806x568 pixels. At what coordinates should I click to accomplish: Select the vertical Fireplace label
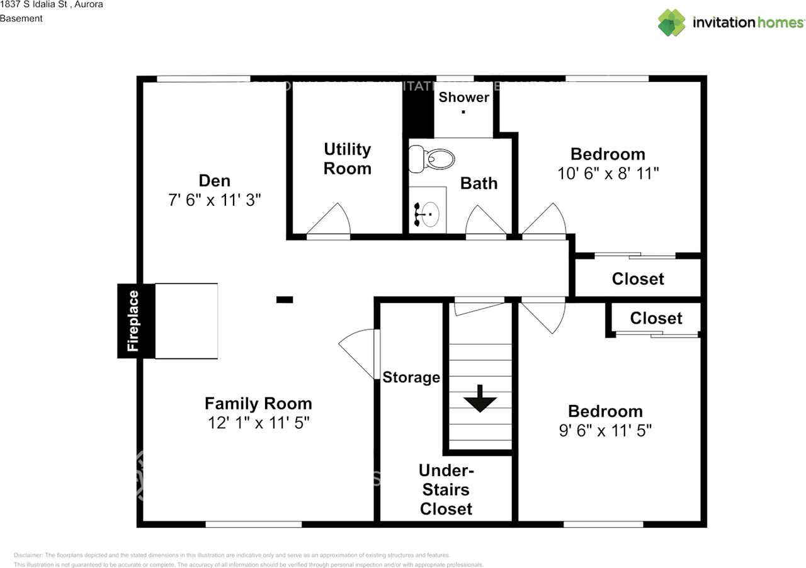coord(133,321)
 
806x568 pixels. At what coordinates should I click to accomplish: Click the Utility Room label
coord(347,159)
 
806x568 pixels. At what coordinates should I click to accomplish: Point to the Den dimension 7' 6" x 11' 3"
coord(215,201)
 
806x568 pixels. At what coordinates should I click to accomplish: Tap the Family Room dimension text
coord(258,423)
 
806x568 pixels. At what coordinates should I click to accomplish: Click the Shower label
coord(463,97)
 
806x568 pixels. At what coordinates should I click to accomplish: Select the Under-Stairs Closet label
coord(446,489)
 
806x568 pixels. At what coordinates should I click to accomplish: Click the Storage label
coord(411,377)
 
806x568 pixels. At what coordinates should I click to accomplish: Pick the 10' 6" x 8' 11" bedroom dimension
coord(608,174)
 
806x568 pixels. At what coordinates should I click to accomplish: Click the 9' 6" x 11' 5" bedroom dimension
coord(605,431)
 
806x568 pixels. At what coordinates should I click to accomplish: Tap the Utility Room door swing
coord(331,220)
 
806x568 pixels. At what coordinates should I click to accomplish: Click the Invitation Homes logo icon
coord(672,23)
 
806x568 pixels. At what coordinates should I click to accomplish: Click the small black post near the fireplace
coord(285,300)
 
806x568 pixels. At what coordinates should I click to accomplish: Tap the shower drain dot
coord(463,112)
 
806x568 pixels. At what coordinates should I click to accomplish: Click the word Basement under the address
coord(21,18)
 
